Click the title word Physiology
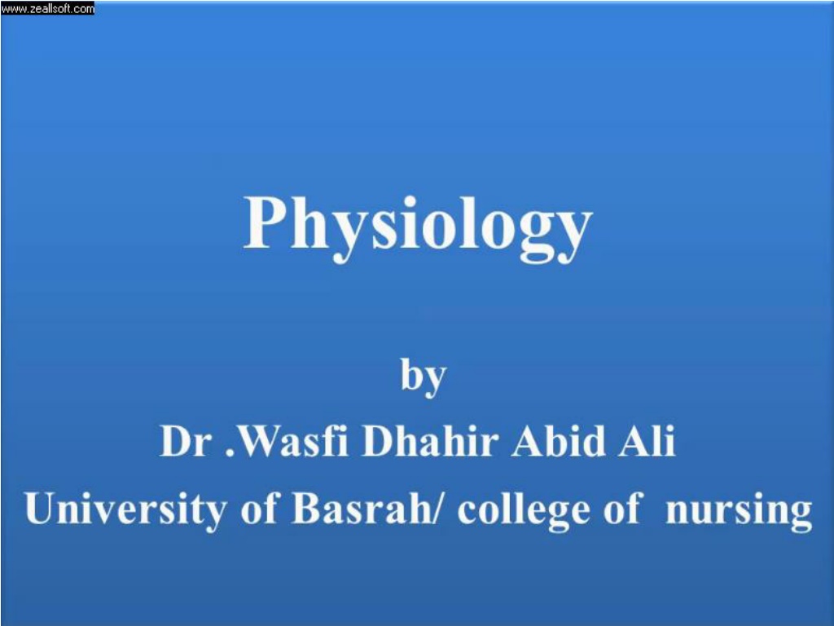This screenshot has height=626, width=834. click(x=418, y=228)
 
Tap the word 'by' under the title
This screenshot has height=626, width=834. click(x=424, y=377)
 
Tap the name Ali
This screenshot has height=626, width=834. click(x=647, y=441)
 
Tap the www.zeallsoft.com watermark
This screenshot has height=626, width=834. click(x=47, y=8)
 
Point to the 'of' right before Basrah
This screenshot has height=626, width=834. click(x=259, y=509)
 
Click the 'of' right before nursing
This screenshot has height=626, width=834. click(x=621, y=509)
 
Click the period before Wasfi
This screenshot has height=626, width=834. click(x=230, y=453)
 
